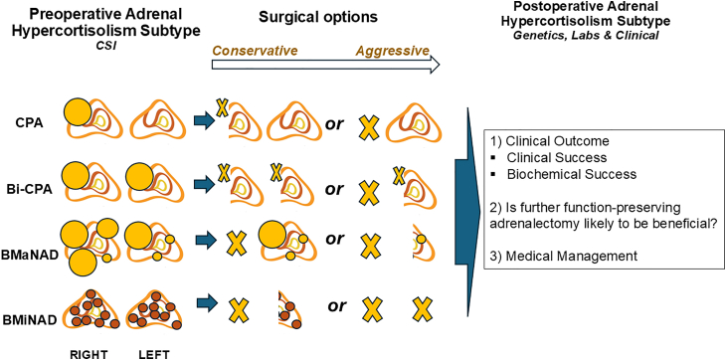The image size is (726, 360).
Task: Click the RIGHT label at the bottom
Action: click(x=89, y=354)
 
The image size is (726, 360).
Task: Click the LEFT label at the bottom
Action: click(x=154, y=354)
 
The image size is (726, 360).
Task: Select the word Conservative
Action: click(x=255, y=50)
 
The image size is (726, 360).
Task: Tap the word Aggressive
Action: click(x=393, y=51)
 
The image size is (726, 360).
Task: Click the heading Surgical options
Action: click(x=318, y=17)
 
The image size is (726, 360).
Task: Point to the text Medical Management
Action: click(x=566, y=256)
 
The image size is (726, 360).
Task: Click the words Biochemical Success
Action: click(x=572, y=175)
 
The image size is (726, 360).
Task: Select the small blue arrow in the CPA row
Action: click(x=202, y=121)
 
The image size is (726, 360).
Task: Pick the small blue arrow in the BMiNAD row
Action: click(x=208, y=303)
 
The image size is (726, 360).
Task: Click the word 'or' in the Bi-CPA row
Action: click(x=335, y=189)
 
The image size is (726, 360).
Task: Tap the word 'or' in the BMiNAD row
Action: click(x=336, y=306)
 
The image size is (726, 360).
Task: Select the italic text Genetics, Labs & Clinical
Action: click(x=580, y=35)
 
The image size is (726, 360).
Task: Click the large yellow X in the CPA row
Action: click(x=370, y=128)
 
